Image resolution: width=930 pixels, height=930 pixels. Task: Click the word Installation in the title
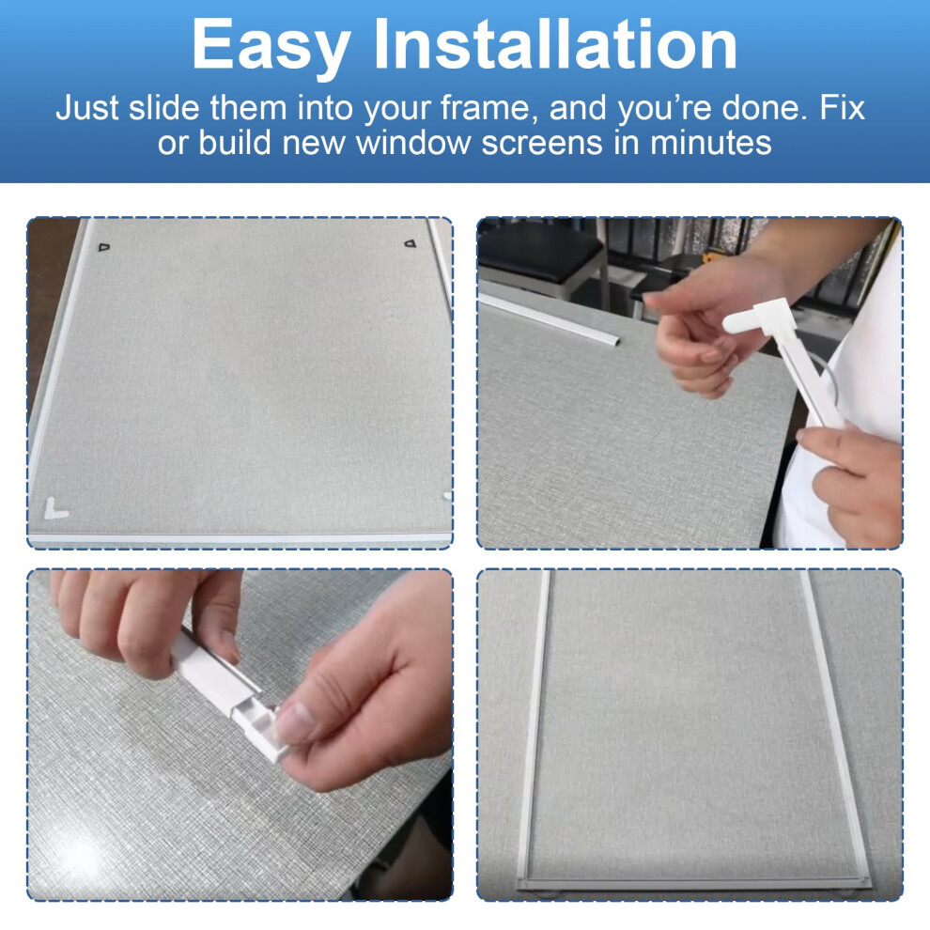[x=555, y=43]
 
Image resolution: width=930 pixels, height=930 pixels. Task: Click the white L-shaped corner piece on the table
[x=55, y=509]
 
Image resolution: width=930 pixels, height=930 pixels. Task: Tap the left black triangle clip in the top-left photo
[x=104, y=246]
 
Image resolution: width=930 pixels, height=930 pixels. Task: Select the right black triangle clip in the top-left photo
[x=410, y=243]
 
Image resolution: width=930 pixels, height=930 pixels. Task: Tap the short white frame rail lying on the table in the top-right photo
[x=550, y=319]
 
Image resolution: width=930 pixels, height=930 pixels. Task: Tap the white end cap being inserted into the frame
[x=265, y=726]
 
